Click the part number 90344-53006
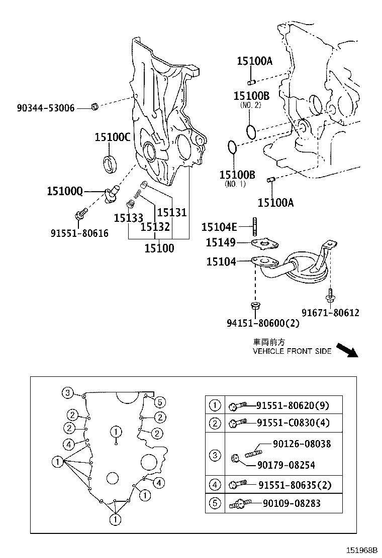click(x=45, y=107)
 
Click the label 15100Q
click(x=65, y=191)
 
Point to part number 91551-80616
click(x=79, y=233)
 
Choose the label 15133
click(x=128, y=218)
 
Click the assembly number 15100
click(x=159, y=248)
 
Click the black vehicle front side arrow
click(x=347, y=349)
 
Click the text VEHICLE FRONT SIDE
click(x=292, y=351)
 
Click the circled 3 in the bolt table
click(x=215, y=455)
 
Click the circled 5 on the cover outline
click(x=159, y=401)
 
